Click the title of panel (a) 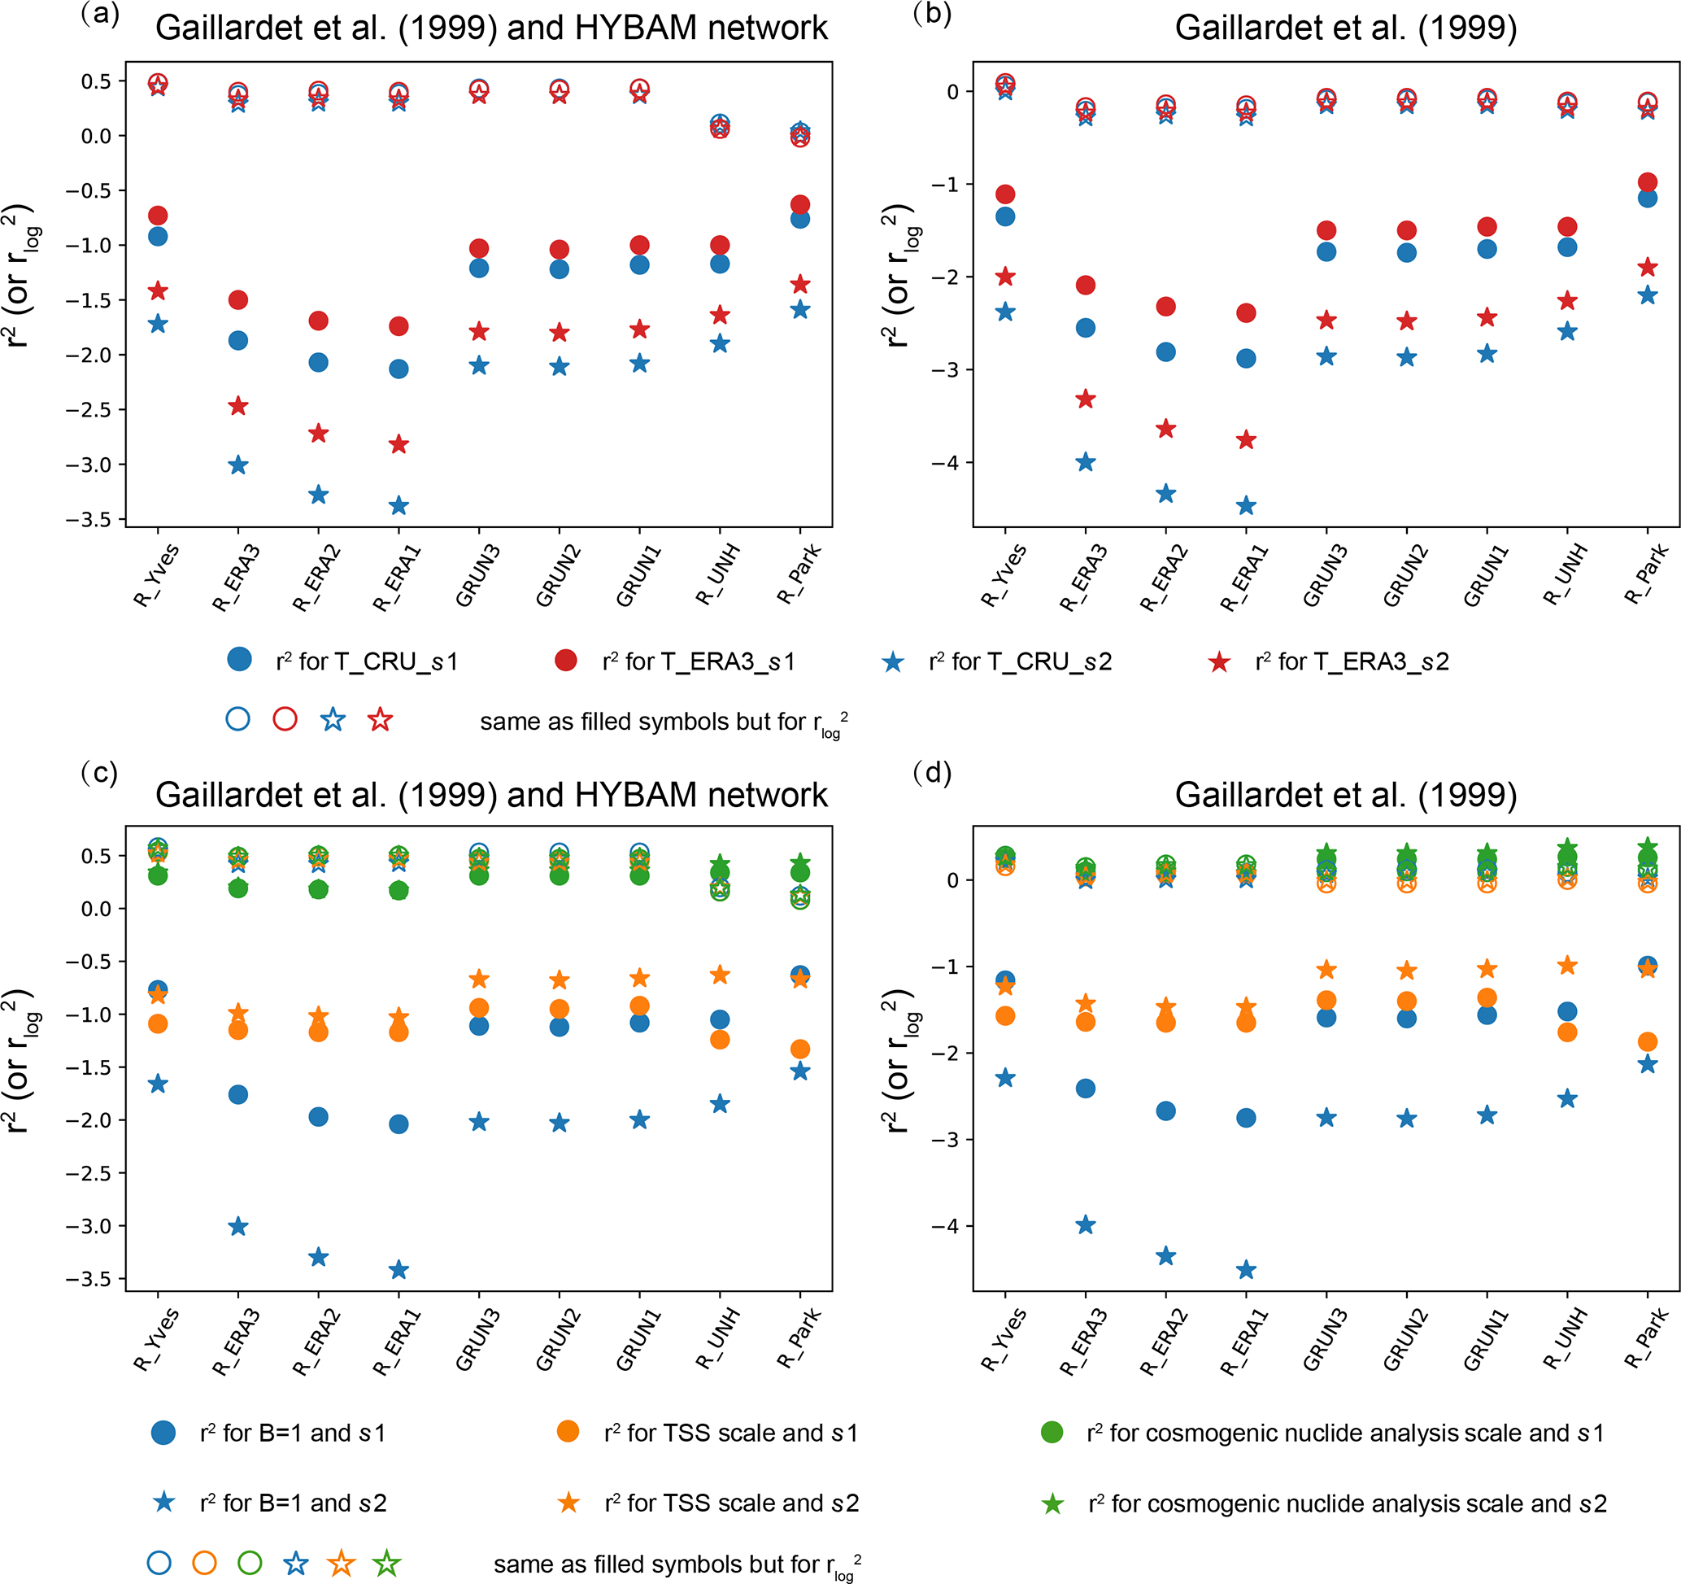click(x=491, y=28)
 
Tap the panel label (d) click(x=933, y=772)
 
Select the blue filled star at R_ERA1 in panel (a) click(x=399, y=507)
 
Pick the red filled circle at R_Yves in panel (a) click(x=158, y=216)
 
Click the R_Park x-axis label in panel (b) click(x=1644, y=575)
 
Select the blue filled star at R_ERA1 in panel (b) click(x=1246, y=507)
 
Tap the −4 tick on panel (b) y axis click(x=943, y=463)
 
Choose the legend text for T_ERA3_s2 click(x=1352, y=661)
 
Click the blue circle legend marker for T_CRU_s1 click(x=239, y=660)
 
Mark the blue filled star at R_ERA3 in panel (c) click(x=238, y=1226)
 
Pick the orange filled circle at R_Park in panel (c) click(x=800, y=1049)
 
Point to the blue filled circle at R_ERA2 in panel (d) click(x=1165, y=1111)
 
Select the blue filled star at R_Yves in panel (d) click(x=1005, y=1078)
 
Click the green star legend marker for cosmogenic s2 click(x=1052, y=1503)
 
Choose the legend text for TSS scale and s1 click(x=730, y=1433)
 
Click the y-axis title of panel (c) click(x=22, y=1058)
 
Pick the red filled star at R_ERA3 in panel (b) click(x=1086, y=399)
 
